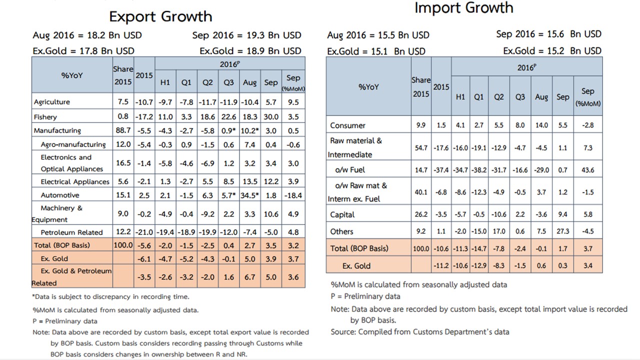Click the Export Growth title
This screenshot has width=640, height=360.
(x=160, y=16)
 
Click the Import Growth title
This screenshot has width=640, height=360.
(x=463, y=8)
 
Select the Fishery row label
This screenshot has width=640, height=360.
(x=45, y=117)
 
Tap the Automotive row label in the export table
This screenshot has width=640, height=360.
(x=60, y=195)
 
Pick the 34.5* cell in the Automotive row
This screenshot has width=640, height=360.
(x=249, y=195)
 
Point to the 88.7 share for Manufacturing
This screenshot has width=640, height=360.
(x=123, y=130)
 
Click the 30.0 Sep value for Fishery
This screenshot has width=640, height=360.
(x=271, y=117)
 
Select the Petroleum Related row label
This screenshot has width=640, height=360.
(x=71, y=232)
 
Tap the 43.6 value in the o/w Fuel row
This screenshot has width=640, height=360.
(x=588, y=170)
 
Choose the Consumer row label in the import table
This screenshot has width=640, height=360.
(x=347, y=125)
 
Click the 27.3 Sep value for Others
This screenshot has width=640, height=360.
(x=563, y=231)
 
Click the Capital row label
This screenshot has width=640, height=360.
(x=342, y=214)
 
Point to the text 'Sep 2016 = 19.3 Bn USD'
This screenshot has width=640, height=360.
(x=247, y=35)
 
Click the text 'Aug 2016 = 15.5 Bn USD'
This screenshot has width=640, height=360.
(x=378, y=35)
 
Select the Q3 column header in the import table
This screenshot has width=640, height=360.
(x=520, y=97)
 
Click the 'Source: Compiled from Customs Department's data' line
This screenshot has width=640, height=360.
(x=420, y=331)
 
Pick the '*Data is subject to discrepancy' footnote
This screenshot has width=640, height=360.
(x=110, y=297)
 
